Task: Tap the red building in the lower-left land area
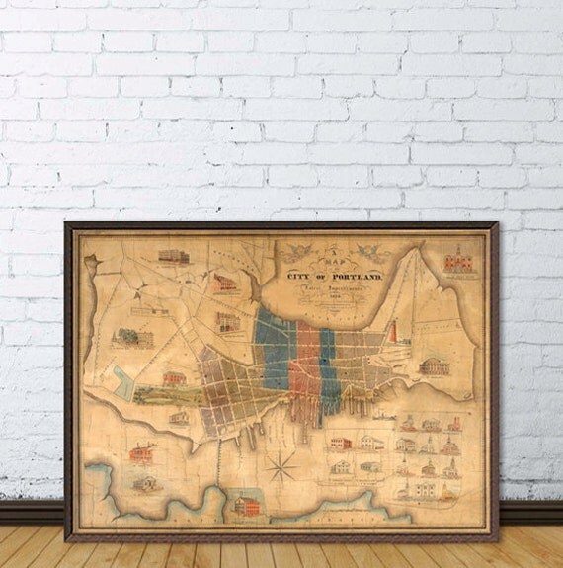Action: pos(140,453)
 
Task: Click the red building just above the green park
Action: pos(174,378)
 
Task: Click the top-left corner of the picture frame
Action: pos(67,225)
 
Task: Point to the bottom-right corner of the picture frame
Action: pos(496,538)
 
